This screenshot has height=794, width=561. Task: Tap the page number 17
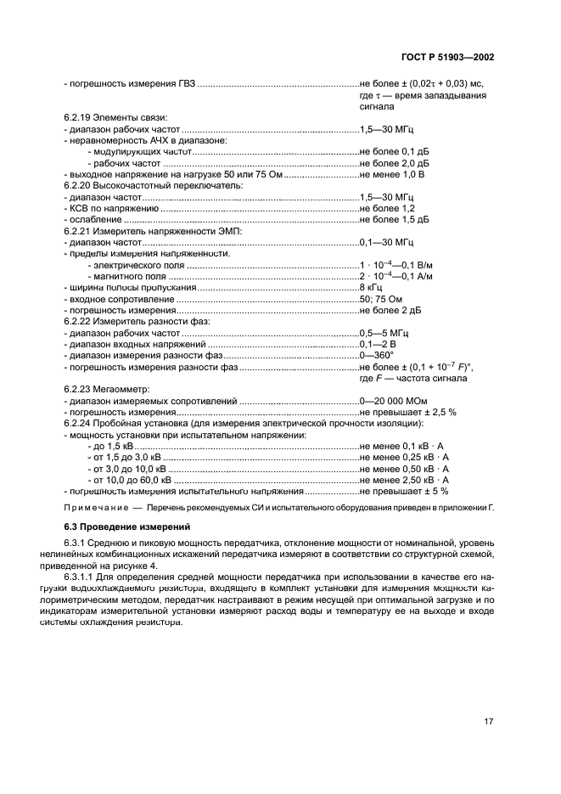488,722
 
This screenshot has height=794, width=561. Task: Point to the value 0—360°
377,355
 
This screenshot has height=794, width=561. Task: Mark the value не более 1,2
387,208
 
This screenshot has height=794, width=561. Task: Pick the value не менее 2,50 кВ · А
404,480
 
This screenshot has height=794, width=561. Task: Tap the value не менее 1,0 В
391,174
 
